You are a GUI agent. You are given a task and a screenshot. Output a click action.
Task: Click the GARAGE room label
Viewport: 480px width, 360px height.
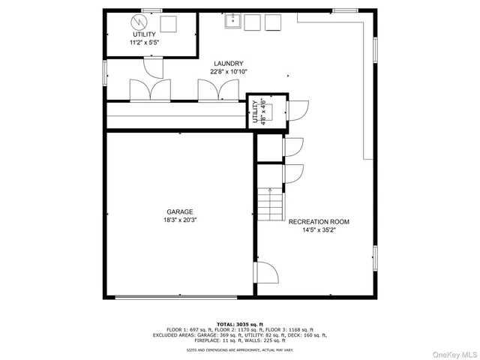point(180,211)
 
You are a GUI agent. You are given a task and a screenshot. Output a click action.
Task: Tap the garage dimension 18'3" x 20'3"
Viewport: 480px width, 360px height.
point(180,220)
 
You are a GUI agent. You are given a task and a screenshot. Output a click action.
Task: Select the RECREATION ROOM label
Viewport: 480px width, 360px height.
point(319,222)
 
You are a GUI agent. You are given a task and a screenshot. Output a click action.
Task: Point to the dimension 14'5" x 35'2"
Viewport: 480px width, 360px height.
point(319,231)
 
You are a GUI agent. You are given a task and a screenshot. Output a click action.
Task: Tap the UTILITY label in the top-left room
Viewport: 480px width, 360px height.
point(145,35)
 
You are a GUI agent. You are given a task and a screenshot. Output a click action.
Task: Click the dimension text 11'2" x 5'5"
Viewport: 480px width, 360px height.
point(145,43)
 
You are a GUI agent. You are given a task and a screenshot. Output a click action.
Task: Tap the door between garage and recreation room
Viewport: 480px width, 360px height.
point(267,271)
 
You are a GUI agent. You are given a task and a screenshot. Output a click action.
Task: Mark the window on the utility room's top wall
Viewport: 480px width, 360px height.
point(152,10)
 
